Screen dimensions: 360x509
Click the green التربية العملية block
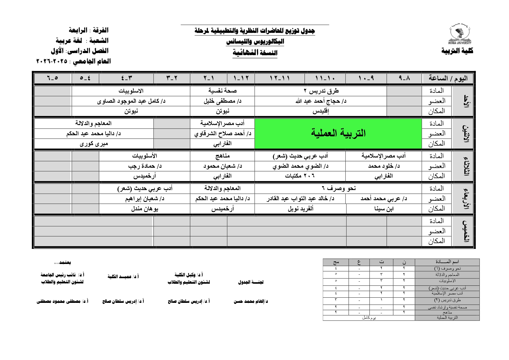pos(338,133)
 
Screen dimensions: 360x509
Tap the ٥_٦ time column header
pos(52,78)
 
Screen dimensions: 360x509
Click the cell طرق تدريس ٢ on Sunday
pos(321,91)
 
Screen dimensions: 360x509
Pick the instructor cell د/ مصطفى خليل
pos(222,101)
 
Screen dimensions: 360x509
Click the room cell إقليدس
pos(321,111)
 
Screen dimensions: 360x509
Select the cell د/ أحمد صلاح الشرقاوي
pos(222,133)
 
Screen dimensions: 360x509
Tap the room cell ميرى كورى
pos(94,144)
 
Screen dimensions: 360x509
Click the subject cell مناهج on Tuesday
pos(222,156)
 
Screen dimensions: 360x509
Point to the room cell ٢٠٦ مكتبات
pos(300,176)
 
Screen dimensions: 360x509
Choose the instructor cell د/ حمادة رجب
pos(144,166)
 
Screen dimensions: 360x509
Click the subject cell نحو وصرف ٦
pos(338,189)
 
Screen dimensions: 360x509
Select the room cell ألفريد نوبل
pos(300,209)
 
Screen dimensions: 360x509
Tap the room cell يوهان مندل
pos(144,209)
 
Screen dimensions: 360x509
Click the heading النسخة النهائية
pos(255,53)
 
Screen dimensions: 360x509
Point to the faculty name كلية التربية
pos(457,51)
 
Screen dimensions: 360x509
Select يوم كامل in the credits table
pos(369,318)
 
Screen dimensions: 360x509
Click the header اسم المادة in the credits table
pos(447,262)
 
